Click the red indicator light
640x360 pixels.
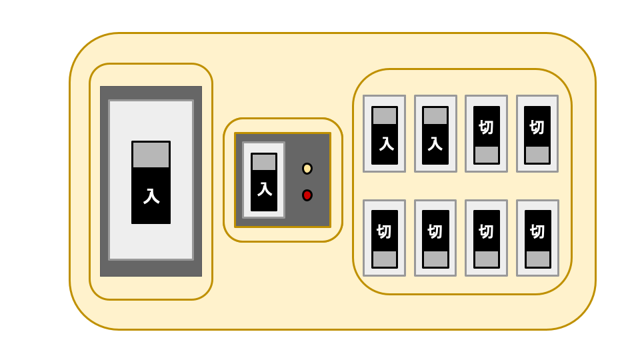(x=307, y=195)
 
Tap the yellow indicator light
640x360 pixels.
(x=307, y=169)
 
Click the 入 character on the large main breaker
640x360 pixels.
(x=151, y=196)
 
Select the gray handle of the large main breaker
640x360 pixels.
(x=151, y=155)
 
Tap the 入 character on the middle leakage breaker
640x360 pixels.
(x=264, y=190)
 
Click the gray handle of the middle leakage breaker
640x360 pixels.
(x=264, y=163)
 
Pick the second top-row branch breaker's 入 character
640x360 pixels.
(x=435, y=144)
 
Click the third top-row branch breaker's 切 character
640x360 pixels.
(x=486, y=128)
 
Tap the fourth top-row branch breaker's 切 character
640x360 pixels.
(x=537, y=128)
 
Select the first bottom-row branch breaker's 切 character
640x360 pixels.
(x=384, y=232)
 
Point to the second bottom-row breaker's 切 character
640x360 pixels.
(x=435, y=232)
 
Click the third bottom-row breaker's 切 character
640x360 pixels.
(x=486, y=232)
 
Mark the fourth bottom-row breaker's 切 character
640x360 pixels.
(x=537, y=232)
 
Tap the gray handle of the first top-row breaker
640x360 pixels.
(x=385, y=116)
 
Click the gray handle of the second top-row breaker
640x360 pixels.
(x=435, y=116)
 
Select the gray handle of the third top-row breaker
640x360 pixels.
(x=487, y=155)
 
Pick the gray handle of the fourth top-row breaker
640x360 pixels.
(x=537, y=155)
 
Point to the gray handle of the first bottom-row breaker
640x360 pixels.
(x=385, y=259)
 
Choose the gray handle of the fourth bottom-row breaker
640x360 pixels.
(x=537, y=259)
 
